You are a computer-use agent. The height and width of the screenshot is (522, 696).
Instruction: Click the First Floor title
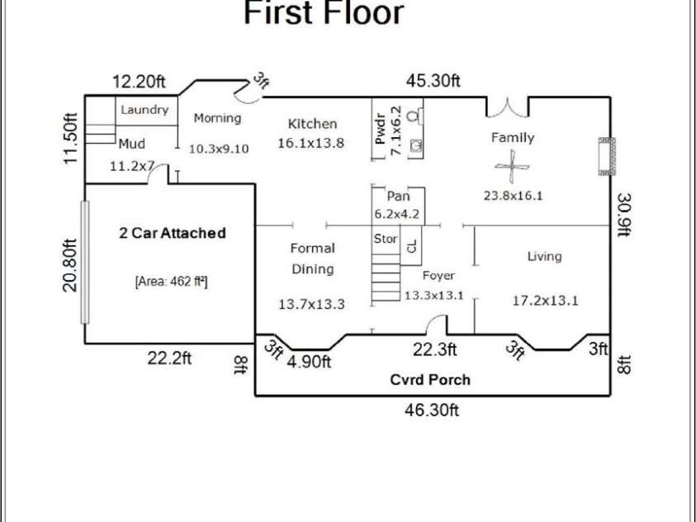click(324, 12)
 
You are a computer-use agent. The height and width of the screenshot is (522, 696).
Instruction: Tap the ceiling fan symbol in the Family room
click(512, 167)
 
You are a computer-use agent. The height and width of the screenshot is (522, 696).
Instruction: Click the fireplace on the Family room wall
click(607, 156)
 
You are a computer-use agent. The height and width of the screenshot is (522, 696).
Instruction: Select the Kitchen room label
click(312, 124)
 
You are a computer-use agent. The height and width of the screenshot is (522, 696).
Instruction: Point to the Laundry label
click(144, 110)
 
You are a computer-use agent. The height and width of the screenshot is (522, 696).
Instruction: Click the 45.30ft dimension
click(433, 81)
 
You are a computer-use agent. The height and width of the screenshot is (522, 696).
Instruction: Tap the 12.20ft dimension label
click(139, 82)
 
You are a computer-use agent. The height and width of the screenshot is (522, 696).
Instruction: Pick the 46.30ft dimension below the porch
click(432, 410)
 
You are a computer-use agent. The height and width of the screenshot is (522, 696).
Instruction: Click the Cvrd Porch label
click(430, 380)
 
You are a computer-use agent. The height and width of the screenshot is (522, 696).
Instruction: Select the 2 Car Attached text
click(173, 233)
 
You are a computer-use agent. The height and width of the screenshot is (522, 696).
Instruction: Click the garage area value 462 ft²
click(172, 282)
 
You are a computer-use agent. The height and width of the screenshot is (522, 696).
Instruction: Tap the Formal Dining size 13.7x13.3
click(311, 305)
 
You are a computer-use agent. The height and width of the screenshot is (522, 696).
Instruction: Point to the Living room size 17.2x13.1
click(546, 301)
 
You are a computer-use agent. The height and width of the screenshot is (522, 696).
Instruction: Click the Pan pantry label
click(398, 196)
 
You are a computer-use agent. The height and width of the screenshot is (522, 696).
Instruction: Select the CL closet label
click(411, 246)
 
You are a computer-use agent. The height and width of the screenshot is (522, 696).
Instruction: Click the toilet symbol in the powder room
click(414, 116)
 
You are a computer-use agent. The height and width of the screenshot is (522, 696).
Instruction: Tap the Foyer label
click(438, 276)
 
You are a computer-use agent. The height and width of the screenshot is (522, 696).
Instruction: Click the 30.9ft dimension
click(624, 215)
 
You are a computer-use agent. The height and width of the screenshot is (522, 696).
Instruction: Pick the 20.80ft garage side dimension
click(69, 265)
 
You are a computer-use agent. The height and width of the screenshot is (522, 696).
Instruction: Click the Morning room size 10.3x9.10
click(219, 149)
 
